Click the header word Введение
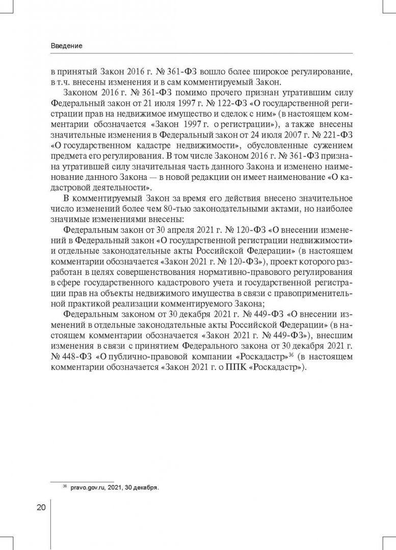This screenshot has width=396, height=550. (x=67, y=46)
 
